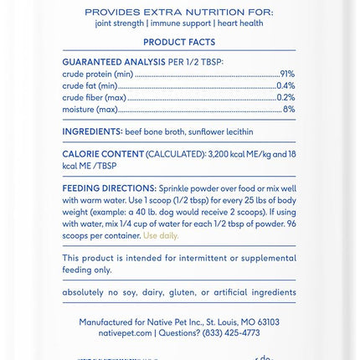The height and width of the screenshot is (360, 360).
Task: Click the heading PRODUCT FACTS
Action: click(179, 43)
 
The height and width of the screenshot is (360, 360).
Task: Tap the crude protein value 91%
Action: click(287, 75)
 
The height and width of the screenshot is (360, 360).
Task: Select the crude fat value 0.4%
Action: click(285, 86)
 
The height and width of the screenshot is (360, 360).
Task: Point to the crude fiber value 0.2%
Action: click(285, 98)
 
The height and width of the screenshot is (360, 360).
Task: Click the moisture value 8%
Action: click(289, 110)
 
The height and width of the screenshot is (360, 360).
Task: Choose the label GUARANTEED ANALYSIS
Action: click(114, 63)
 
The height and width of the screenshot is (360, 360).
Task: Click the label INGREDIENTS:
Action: click(92, 132)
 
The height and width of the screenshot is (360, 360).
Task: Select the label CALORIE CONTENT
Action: click(103, 155)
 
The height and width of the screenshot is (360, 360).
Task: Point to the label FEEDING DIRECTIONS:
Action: click(109, 190)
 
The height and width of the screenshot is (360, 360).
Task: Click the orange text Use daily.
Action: click(160, 236)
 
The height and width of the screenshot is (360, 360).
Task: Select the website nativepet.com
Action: click(125, 333)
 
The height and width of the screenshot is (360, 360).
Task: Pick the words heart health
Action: click(239, 23)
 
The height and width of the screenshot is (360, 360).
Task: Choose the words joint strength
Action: click(120, 23)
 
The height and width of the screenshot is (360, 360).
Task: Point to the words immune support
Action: click(180, 23)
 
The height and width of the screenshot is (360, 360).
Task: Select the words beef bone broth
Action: click(155, 132)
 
